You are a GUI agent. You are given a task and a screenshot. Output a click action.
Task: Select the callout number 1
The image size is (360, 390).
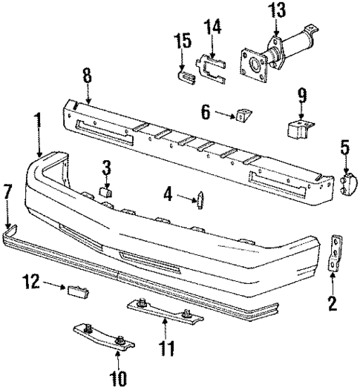(x=36, y=120)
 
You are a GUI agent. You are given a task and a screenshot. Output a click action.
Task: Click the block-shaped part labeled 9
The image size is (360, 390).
(x=298, y=126)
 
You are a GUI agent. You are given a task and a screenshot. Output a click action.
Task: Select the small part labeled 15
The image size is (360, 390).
(x=182, y=72)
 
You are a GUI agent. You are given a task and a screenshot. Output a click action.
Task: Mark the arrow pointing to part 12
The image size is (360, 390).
(x=53, y=284)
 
